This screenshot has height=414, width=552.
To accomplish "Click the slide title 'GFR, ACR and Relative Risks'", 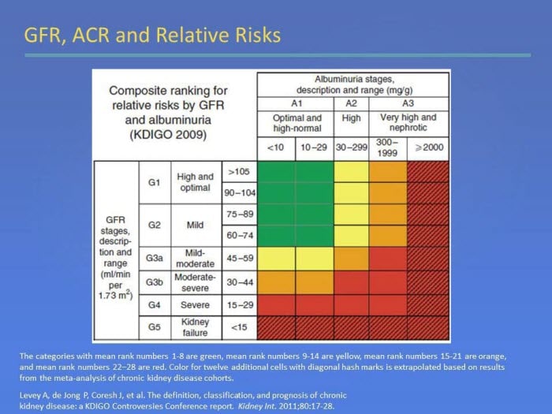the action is [152, 35].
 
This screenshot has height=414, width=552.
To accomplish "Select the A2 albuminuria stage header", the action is [351, 103].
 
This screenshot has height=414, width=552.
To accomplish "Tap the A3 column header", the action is [408, 103].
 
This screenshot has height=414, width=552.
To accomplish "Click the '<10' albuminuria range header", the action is [276, 148].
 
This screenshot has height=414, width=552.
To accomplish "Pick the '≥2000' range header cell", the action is [428, 148].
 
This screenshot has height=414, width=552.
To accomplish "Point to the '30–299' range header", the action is [351, 148].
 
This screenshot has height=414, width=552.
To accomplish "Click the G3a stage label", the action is [155, 259].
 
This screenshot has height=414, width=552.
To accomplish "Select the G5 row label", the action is [155, 327].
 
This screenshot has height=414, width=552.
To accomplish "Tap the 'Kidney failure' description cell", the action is [196, 327].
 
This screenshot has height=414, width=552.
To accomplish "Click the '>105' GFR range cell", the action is [240, 172].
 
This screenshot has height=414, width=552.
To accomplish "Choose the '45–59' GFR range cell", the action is [240, 259].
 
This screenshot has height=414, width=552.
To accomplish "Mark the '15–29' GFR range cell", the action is [240, 305].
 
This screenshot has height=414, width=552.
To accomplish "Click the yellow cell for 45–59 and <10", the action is [276, 259].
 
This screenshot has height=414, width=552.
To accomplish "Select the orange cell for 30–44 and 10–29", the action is [315, 282].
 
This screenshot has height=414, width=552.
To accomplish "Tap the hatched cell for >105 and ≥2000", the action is [428, 172].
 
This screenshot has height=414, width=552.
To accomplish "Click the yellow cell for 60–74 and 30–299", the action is [352, 236].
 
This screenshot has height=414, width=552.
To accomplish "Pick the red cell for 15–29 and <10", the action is [276, 305].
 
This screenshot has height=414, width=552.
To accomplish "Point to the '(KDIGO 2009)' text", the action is [168, 135].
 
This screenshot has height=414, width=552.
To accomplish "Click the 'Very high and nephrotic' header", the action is [408, 122].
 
